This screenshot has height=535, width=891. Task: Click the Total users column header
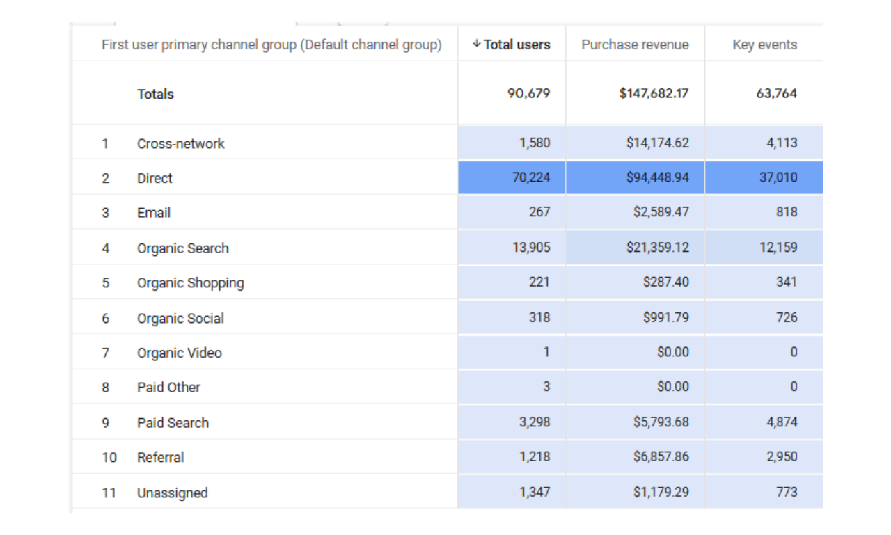(517, 45)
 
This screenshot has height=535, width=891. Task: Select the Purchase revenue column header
(635, 45)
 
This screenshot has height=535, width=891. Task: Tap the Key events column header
(764, 45)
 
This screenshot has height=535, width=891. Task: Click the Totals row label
(155, 94)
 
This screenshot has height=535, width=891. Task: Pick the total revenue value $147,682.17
(654, 93)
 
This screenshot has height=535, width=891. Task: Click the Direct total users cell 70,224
(530, 177)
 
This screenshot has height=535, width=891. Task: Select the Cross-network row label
(180, 143)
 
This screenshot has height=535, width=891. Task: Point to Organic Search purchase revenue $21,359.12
(657, 247)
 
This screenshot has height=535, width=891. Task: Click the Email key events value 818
(787, 212)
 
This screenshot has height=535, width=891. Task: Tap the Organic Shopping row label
(190, 282)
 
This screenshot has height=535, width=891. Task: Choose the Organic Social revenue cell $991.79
(665, 317)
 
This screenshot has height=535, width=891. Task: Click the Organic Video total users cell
(546, 352)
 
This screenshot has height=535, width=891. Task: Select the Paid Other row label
(168, 387)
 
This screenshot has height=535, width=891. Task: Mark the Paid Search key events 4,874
(782, 422)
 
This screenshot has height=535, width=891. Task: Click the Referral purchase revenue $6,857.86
(661, 456)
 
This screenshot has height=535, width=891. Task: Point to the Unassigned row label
(172, 493)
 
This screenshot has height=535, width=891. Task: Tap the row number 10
(109, 457)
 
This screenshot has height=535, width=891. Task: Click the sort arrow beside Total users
(476, 44)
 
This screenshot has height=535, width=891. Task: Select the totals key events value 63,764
(776, 93)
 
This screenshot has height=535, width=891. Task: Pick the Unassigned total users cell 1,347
(534, 492)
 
